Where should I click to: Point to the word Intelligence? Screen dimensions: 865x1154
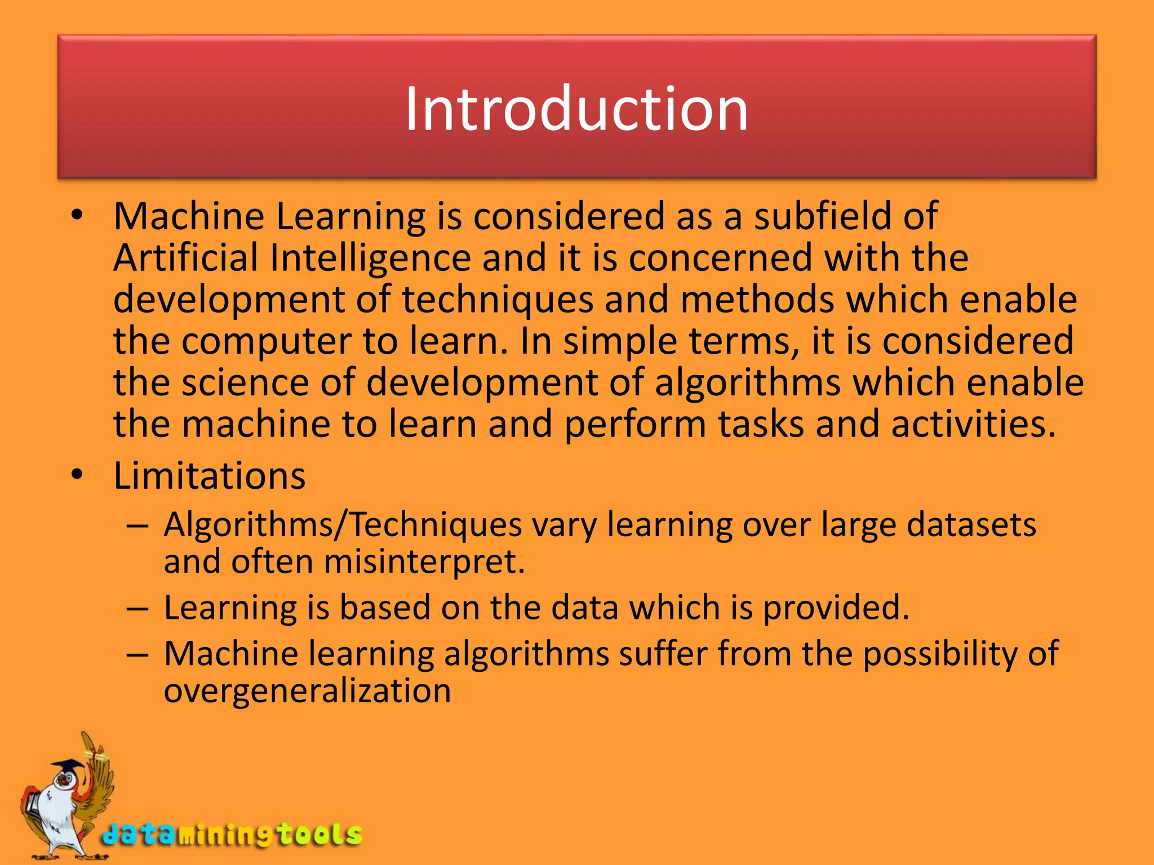[x=370, y=258]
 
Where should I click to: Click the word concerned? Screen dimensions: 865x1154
[x=721, y=258]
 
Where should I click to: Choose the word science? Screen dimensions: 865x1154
[x=245, y=382]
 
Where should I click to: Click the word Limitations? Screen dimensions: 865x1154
[x=209, y=476]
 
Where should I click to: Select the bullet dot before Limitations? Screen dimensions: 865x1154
[x=77, y=475]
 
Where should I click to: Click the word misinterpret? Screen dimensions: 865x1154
[x=424, y=562]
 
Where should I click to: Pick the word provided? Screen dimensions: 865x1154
[x=836, y=608]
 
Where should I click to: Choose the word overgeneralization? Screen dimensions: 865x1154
[x=307, y=691]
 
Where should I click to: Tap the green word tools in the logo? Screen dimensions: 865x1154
[x=318, y=834]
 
